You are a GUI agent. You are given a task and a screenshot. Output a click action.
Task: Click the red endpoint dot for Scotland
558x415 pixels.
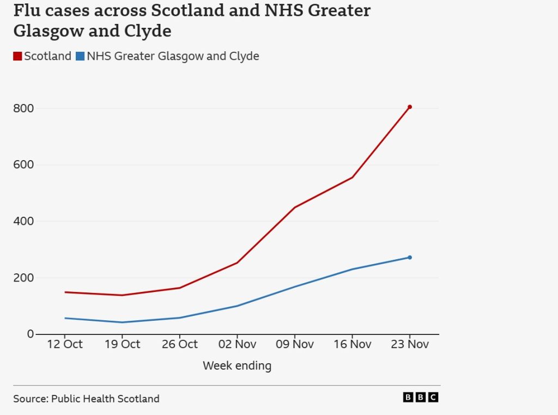point(410,107)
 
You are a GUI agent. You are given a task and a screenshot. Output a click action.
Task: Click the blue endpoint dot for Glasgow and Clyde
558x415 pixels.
point(410,258)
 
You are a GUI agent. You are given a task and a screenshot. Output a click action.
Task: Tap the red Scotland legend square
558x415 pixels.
point(17,56)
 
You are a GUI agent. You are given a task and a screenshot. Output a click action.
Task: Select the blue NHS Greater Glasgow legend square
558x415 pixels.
point(80,56)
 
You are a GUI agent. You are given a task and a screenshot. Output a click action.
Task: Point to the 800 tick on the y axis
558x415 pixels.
point(23,108)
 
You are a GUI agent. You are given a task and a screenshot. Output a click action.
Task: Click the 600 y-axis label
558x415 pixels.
point(23,165)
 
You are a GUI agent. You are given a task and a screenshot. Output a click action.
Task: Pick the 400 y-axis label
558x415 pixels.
point(23,222)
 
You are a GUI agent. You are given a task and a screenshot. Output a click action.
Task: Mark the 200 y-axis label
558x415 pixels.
point(23,278)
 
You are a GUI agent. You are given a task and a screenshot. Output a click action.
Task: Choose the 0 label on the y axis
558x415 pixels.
point(31,334)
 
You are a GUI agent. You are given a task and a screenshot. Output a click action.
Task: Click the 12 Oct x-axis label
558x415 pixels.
point(65,344)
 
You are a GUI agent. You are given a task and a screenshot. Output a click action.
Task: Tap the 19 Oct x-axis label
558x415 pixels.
point(122,344)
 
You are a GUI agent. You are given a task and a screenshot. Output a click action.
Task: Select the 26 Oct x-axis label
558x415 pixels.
point(180,344)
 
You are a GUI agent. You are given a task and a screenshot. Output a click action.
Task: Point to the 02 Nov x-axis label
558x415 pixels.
point(237,344)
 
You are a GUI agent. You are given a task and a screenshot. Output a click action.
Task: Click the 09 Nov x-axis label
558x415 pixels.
point(294,344)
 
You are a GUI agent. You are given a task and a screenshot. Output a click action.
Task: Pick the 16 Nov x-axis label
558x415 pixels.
point(352,344)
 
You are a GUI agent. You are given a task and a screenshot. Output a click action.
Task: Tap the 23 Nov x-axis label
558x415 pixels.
point(410,344)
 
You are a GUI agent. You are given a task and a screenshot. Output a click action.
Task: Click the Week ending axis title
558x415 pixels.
point(237,365)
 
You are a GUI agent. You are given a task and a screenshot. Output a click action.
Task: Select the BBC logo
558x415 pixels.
point(421,398)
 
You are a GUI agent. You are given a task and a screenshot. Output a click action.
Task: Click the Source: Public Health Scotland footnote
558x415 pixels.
point(87,399)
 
